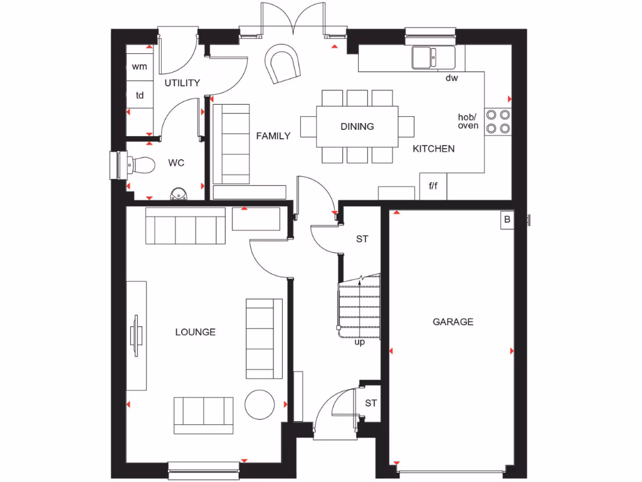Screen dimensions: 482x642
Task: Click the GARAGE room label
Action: tap(453, 322)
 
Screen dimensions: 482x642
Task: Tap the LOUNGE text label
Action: tap(195, 332)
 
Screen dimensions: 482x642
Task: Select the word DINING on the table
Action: tap(357, 126)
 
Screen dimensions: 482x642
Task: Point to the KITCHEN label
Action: tap(433, 149)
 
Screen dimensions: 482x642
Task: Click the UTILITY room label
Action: tap(182, 83)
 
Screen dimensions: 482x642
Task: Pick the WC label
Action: tap(176, 163)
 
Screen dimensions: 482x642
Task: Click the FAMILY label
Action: tap(273, 136)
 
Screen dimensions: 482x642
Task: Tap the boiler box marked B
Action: tap(507, 220)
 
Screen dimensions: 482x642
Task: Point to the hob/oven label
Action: tap(468, 121)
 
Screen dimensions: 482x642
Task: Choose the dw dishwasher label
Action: tap(451, 78)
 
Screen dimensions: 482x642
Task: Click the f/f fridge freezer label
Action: tap(433, 186)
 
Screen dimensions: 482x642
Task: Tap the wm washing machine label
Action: tap(139, 67)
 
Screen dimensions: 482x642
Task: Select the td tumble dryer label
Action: tap(140, 96)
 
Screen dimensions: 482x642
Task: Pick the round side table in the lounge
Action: tap(260, 404)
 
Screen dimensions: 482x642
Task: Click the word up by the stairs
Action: tap(359, 342)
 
